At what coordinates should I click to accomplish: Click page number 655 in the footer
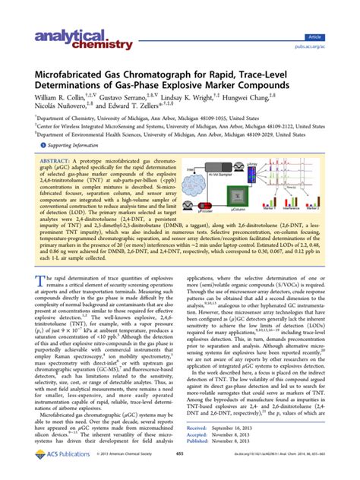coord(180,472)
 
